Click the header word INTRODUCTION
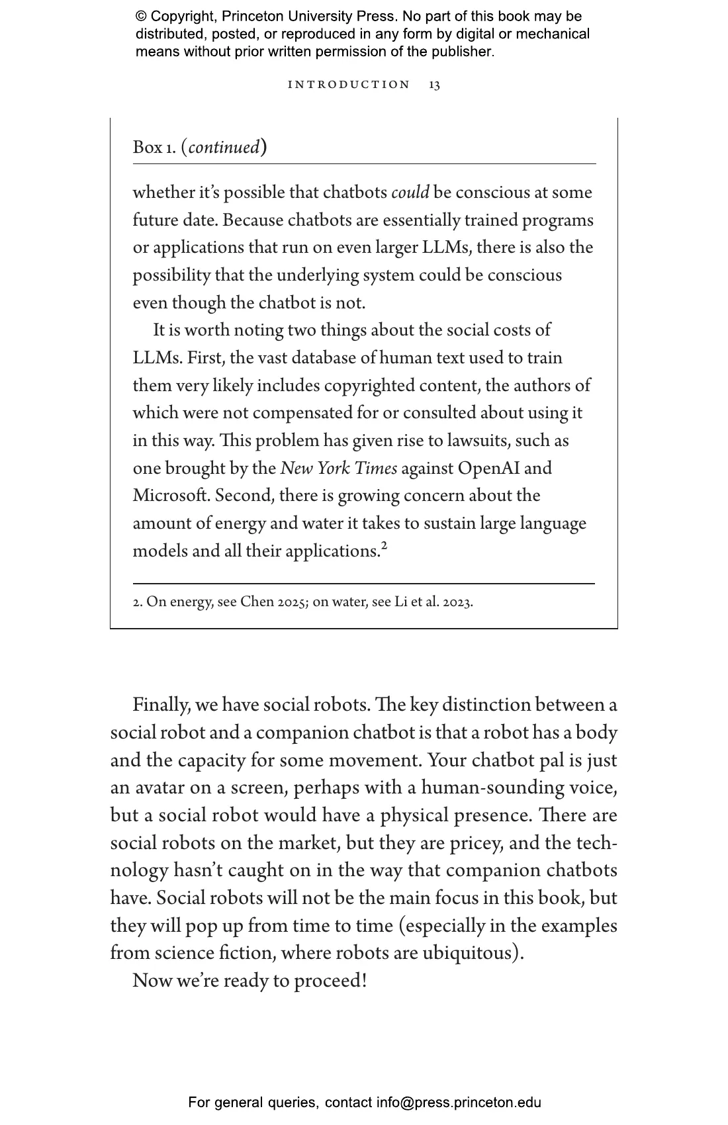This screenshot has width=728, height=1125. (x=349, y=85)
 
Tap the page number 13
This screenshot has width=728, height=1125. (x=434, y=85)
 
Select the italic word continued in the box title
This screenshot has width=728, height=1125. (x=224, y=147)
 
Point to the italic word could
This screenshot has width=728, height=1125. (x=410, y=193)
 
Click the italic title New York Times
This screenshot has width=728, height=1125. (x=338, y=469)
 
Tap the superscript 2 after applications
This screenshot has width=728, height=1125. (x=384, y=546)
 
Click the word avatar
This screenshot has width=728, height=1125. (x=159, y=787)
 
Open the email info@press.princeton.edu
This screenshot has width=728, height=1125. (x=459, y=1102)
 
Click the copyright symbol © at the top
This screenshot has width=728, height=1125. (x=141, y=17)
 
